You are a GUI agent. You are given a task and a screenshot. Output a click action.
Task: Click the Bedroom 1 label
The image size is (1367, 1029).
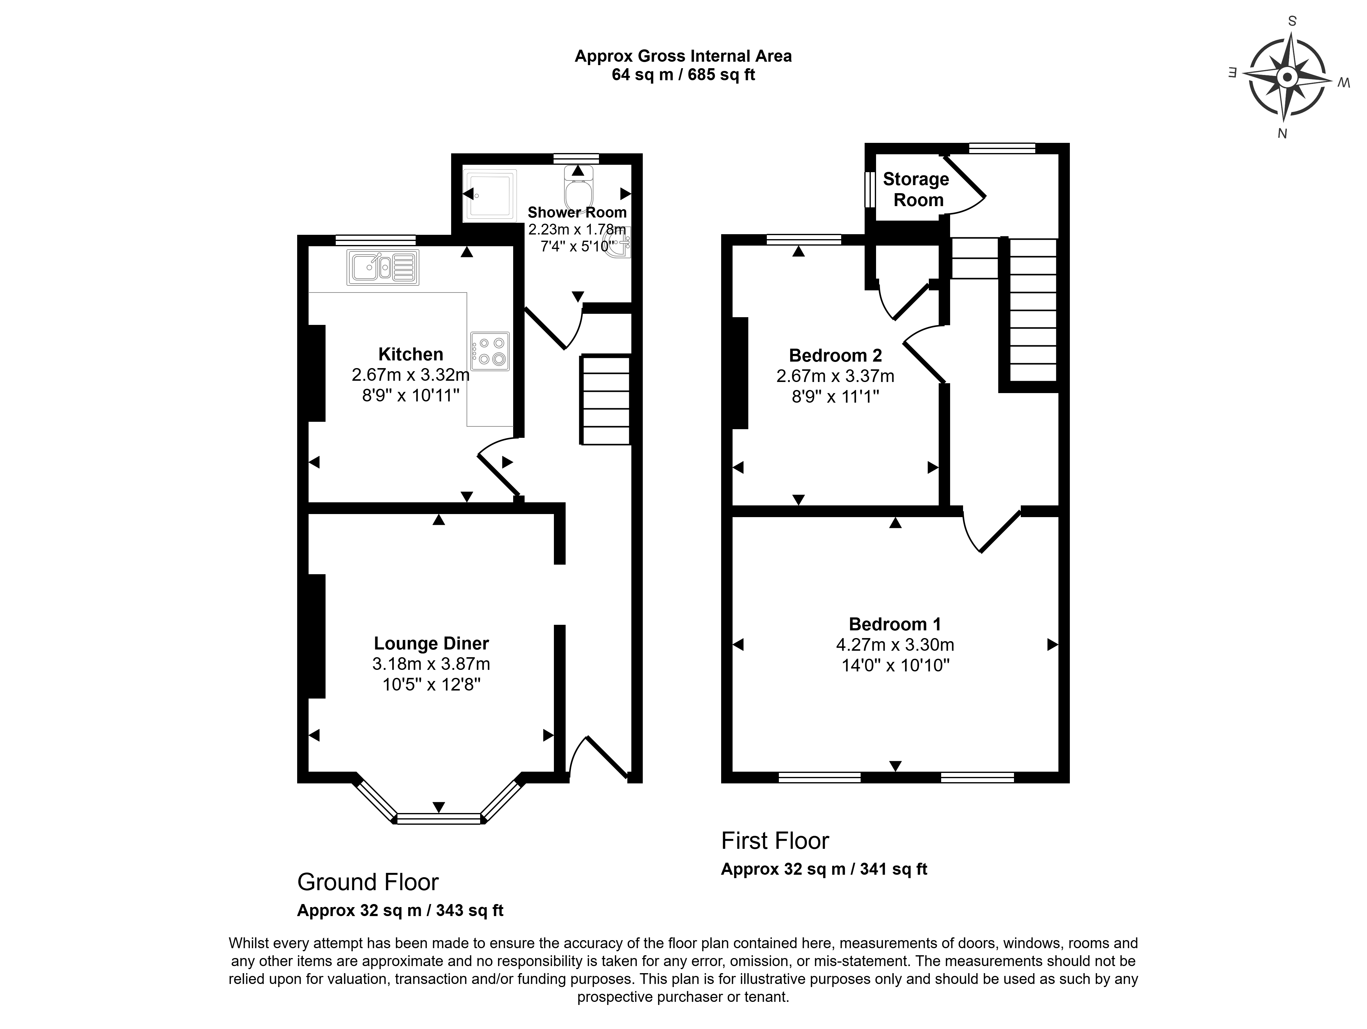click(895, 624)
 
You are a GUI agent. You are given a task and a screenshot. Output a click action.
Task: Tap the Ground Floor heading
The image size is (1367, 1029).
click(368, 882)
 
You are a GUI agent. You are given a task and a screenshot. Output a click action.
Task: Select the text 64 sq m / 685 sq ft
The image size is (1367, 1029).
click(683, 75)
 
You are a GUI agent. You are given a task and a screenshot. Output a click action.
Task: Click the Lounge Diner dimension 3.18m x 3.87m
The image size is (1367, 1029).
click(431, 664)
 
